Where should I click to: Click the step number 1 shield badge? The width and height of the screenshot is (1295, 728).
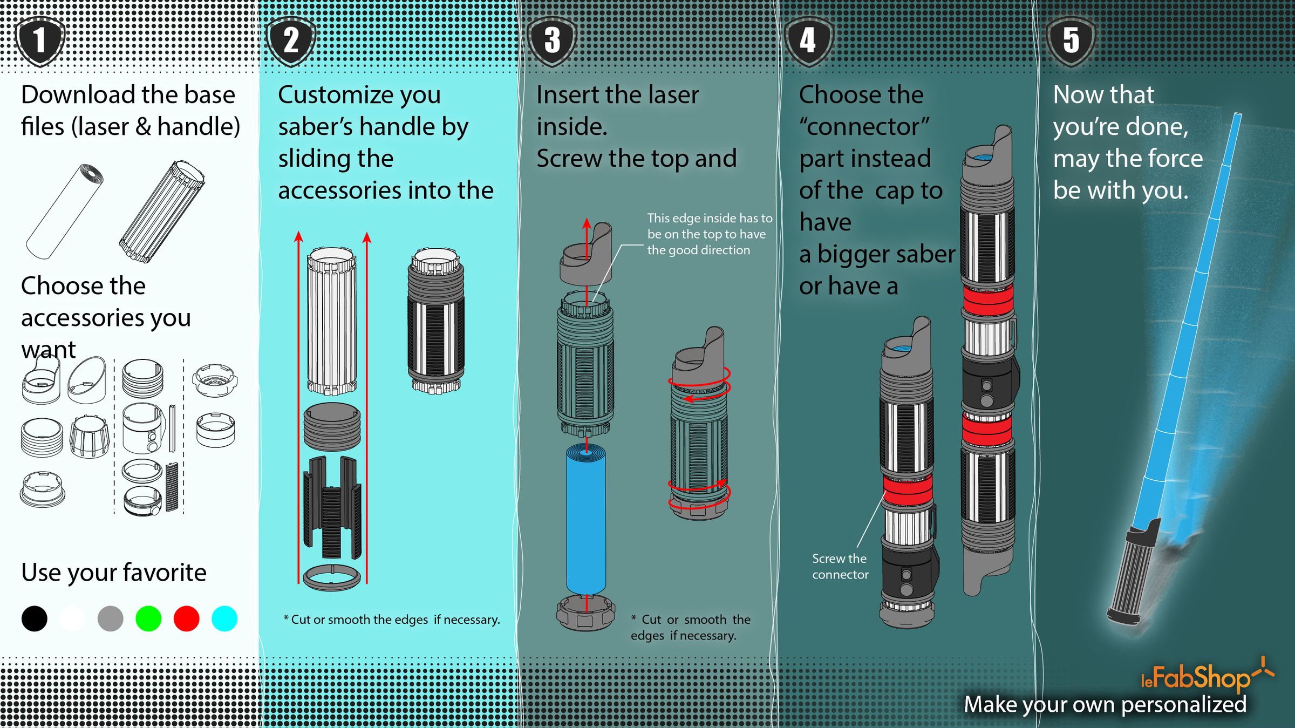(40, 41)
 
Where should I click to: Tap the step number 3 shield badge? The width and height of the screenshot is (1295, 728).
(552, 41)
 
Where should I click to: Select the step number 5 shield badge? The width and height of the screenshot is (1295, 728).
(1071, 41)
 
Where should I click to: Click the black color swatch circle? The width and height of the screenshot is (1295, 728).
(35, 618)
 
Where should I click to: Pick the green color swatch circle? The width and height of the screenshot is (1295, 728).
(148, 618)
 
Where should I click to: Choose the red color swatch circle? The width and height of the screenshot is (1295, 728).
(186, 618)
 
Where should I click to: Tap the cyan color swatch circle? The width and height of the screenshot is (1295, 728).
(224, 618)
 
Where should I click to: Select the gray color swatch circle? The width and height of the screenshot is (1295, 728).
(110, 618)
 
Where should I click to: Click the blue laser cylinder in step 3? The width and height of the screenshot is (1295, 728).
(585, 521)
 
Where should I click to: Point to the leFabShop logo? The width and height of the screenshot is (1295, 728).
(1203, 677)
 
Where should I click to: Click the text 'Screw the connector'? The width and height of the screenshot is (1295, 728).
(840, 567)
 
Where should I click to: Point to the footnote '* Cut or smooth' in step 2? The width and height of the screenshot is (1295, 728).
(391, 620)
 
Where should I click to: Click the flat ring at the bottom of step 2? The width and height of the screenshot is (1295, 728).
(331, 577)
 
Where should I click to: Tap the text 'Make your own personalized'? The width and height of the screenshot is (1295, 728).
(1105, 705)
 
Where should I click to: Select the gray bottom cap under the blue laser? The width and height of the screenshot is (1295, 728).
(585, 614)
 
